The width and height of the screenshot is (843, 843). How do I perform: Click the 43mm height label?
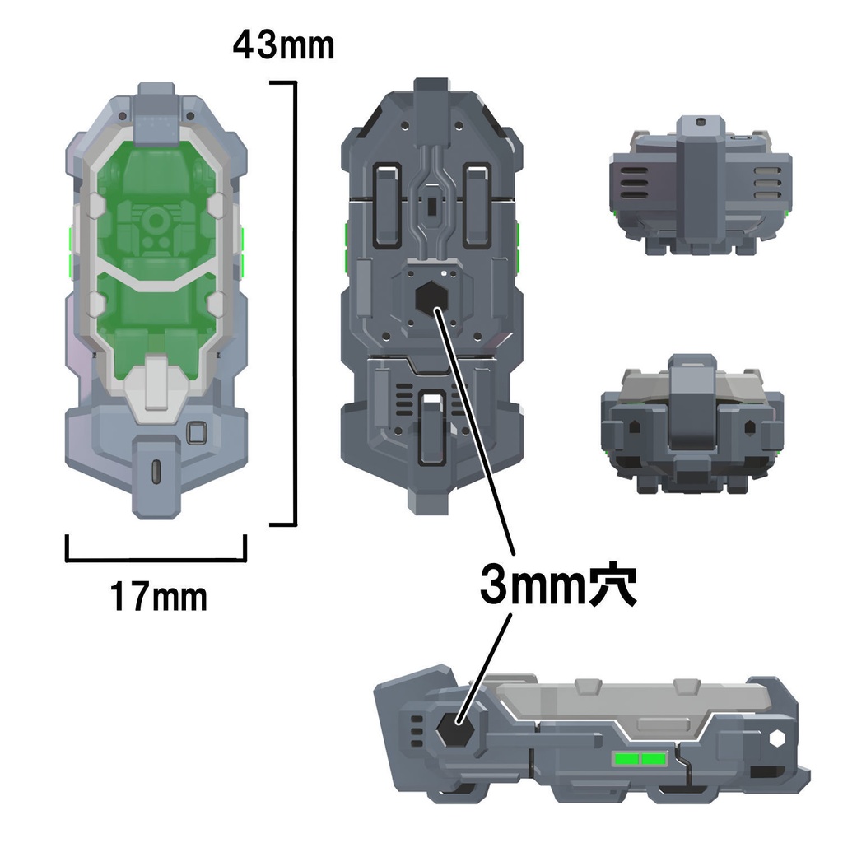(283, 45)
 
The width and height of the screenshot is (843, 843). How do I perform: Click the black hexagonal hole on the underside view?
(428, 300)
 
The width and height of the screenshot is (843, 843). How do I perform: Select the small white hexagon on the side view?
(779, 738)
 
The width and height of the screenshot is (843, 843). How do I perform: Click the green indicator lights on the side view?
(640, 758)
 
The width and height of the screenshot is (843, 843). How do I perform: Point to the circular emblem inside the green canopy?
(154, 221)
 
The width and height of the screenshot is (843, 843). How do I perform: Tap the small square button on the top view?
(197, 432)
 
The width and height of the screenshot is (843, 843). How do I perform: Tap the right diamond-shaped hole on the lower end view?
(750, 427)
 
